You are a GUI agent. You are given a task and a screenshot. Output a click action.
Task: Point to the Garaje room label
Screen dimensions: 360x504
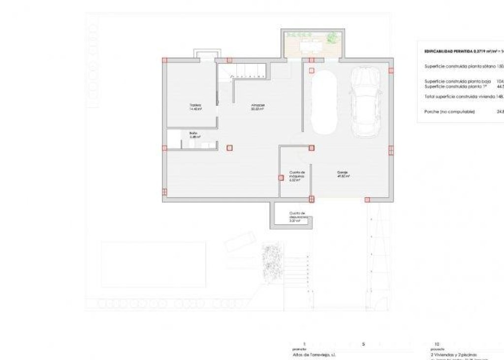point(343,174)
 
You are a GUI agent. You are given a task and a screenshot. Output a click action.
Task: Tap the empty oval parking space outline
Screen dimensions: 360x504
point(325,101)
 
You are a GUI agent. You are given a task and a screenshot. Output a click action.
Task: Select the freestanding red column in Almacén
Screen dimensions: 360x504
point(229,147)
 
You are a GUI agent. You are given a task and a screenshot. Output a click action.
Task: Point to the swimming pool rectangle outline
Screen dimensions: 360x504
point(153,264)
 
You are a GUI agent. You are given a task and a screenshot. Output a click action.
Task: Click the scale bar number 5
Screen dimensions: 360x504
point(363,344)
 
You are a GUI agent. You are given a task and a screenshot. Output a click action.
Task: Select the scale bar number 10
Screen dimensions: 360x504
point(437,344)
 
